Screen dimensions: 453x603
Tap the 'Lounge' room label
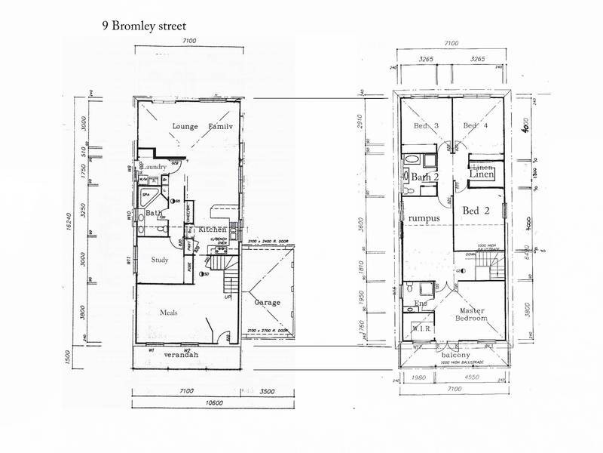pyautogui.click(x=184, y=126)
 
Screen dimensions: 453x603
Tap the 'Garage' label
pyautogui.click(x=267, y=302)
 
